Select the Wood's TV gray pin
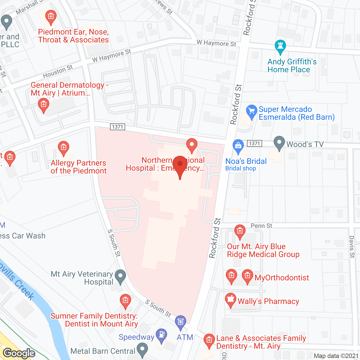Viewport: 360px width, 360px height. tap(279, 143)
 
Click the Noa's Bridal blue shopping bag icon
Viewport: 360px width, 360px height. tap(238, 146)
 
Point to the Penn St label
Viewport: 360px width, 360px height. tap(261, 226)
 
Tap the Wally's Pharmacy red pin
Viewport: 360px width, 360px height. tap(231, 300)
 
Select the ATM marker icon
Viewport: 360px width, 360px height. tap(181, 322)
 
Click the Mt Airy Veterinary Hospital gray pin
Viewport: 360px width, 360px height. tap(121, 276)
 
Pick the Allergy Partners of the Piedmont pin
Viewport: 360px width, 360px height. tap(63, 148)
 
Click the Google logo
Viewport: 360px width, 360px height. tap(19, 353)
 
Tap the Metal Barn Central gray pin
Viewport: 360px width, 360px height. tap(142, 350)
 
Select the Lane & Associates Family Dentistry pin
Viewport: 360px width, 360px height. tap(209, 341)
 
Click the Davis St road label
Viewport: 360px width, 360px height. tap(352, 247)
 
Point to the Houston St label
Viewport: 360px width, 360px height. tap(58, 71)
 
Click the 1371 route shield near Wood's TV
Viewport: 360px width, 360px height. tap(254, 143)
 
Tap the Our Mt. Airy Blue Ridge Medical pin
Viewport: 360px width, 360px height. tap(240, 232)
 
